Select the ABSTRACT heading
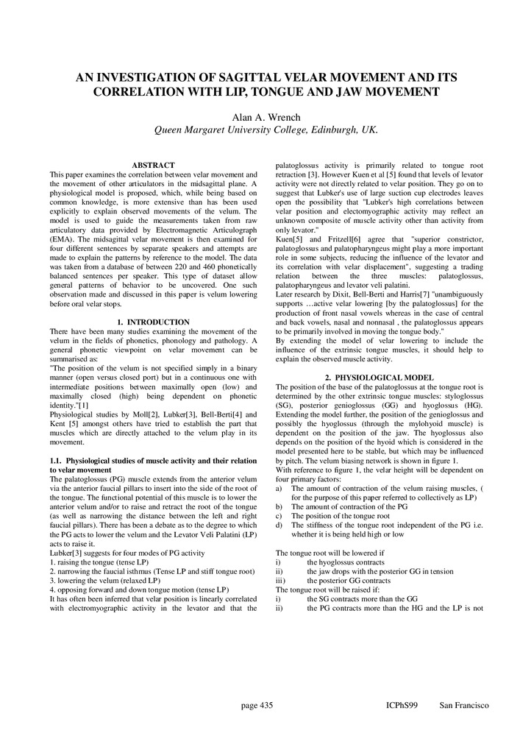pos(153,165)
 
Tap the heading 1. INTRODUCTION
pos(153,322)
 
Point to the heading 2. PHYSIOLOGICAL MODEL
pos(379,378)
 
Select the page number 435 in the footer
pos(257,706)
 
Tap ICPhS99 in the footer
pos(402,706)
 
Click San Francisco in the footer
pos(464,706)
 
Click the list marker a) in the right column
pos(279,489)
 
